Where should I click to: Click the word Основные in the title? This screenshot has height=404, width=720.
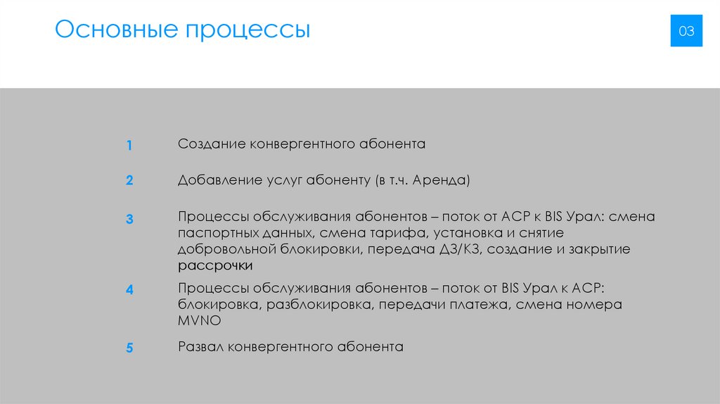(115, 31)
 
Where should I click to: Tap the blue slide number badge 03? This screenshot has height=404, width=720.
(686, 31)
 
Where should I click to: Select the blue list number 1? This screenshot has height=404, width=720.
(129, 146)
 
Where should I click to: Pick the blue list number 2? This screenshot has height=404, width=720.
(129, 181)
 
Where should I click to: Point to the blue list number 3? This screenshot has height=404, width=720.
(129, 219)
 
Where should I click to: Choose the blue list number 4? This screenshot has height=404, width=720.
(129, 289)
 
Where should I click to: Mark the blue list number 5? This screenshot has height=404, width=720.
(129, 348)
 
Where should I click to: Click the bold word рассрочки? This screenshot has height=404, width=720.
(215, 266)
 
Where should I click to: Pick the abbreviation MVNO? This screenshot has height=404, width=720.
(199, 321)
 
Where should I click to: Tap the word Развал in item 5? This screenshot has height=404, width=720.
(200, 347)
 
